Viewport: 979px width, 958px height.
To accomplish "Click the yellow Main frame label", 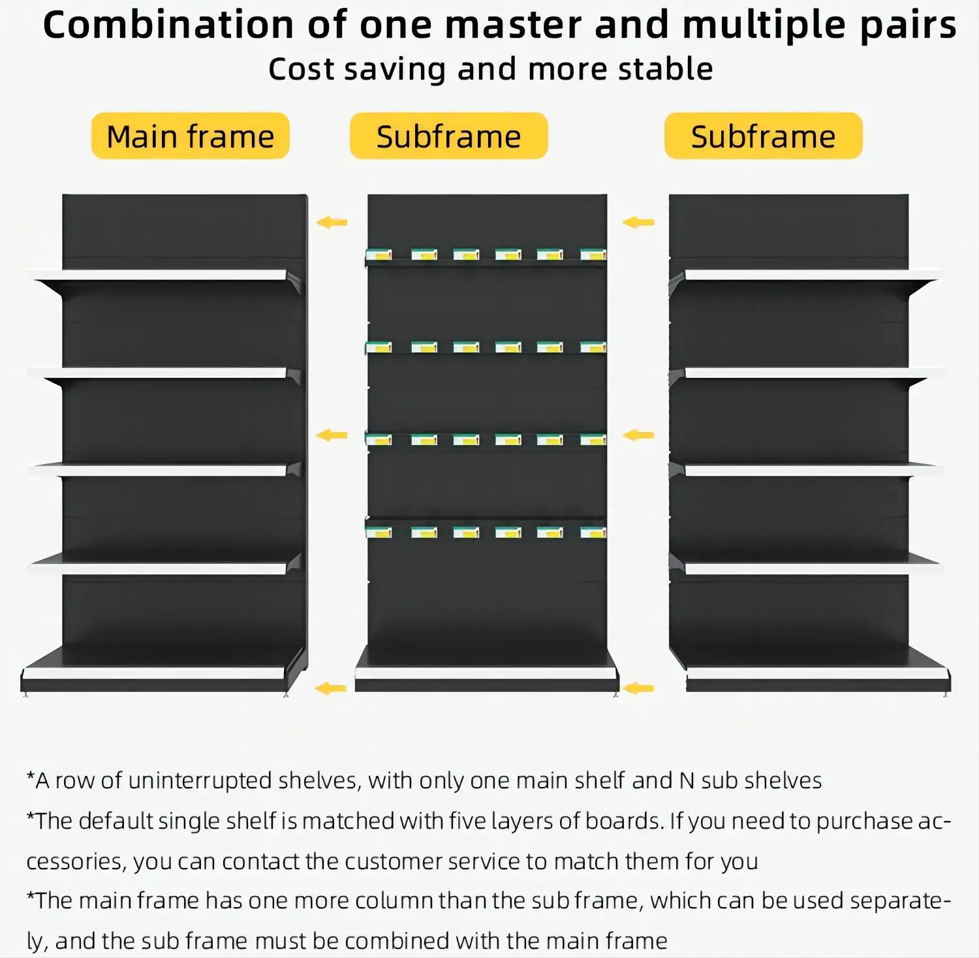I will point(190,136).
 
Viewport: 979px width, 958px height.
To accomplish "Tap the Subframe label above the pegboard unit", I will point(448,136).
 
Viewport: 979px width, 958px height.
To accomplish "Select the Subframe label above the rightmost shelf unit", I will point(763,136).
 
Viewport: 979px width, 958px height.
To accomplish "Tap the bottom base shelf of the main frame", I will point(157,672).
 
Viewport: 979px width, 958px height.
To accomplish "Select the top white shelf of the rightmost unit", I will point(809,275).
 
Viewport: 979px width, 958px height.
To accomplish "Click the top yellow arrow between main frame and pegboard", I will point(332,223).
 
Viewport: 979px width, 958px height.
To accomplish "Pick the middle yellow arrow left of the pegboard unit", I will point(332,435).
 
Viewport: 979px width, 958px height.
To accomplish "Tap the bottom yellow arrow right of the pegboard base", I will point(638,688).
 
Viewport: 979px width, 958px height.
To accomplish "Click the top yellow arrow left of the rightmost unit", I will point(638,223).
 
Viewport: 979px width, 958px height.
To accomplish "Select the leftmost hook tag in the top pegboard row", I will point(379,255).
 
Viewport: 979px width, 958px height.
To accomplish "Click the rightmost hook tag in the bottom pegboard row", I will point(593,532).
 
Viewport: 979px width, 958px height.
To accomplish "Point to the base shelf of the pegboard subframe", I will point(486,673).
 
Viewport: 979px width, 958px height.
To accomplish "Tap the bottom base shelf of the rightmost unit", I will point(816,673).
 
